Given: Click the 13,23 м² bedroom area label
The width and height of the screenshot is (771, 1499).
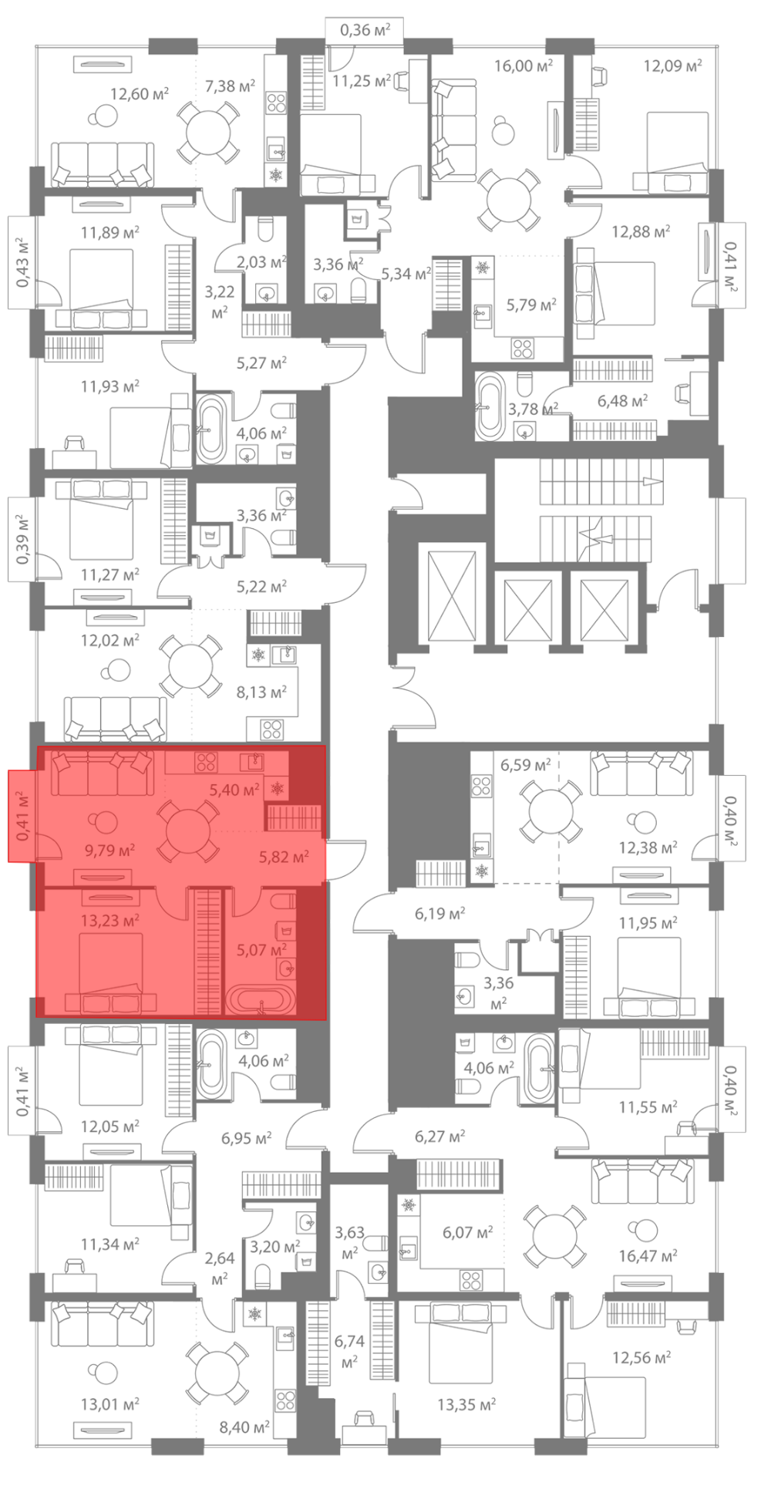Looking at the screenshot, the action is (109, 920).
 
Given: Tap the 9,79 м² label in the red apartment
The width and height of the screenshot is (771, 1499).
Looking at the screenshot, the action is (109, 850).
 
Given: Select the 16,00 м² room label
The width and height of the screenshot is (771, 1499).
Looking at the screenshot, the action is (524, 66).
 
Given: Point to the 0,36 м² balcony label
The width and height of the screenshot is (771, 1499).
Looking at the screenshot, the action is (365, 30).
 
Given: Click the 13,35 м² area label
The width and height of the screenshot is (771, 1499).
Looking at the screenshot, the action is (466, 1404).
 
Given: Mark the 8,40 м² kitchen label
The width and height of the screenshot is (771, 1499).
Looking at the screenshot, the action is (244, 1427).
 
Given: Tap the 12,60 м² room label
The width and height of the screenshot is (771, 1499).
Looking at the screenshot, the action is (140, 94).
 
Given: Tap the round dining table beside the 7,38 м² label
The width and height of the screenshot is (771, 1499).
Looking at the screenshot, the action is (208, 131).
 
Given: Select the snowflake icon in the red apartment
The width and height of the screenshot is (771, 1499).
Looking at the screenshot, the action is (277, 789).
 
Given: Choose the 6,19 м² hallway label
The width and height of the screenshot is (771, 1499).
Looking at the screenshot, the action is (440, 914).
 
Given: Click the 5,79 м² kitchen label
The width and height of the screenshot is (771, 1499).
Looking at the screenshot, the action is (531, 305).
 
